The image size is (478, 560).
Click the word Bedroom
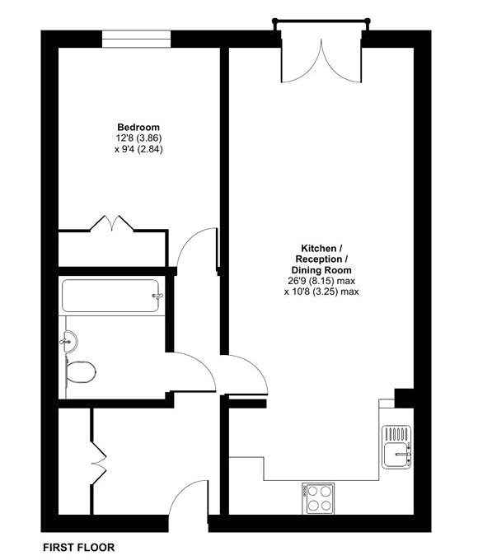pyautogui.click(x=138, y=126)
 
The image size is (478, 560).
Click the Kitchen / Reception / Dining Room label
pyautogui.click(x=321, y=259)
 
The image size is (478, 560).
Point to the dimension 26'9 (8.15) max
pyautogui.click(x=321, y=280)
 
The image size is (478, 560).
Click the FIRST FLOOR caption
pyautogui.click(x=78, y=547)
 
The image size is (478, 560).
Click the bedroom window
pyautogui.click(x=138, y=37)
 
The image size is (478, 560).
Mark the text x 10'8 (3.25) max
pyautogui.click(x=321, y=291)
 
